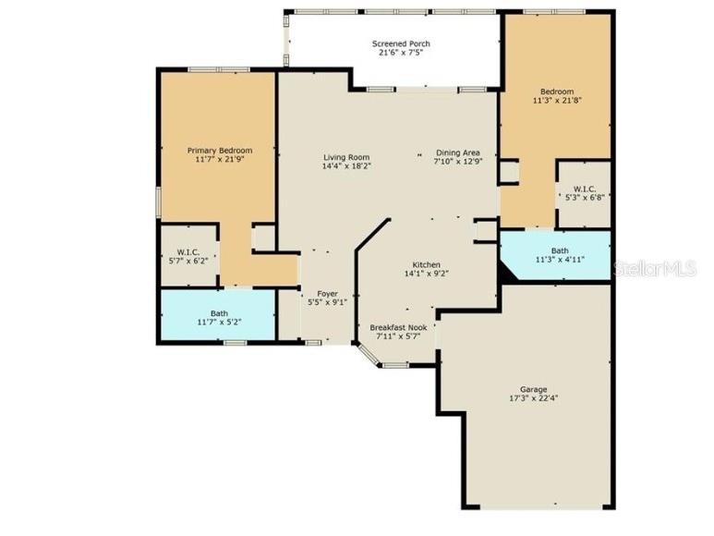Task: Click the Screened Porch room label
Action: (401, 44)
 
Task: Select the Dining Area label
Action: (457, 153)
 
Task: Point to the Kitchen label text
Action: (426, 263)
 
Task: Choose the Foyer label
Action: (327, 293)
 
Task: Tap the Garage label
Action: (533, 389)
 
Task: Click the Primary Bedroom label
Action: (219, 150)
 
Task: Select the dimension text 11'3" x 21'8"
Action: (557, 101)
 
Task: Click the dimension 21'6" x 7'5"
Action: (401, 54)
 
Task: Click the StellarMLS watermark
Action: (656, 268)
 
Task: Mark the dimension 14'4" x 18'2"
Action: (345, 167)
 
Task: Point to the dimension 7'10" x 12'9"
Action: (457, 163)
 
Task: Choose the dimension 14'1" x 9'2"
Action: (426, 274)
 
